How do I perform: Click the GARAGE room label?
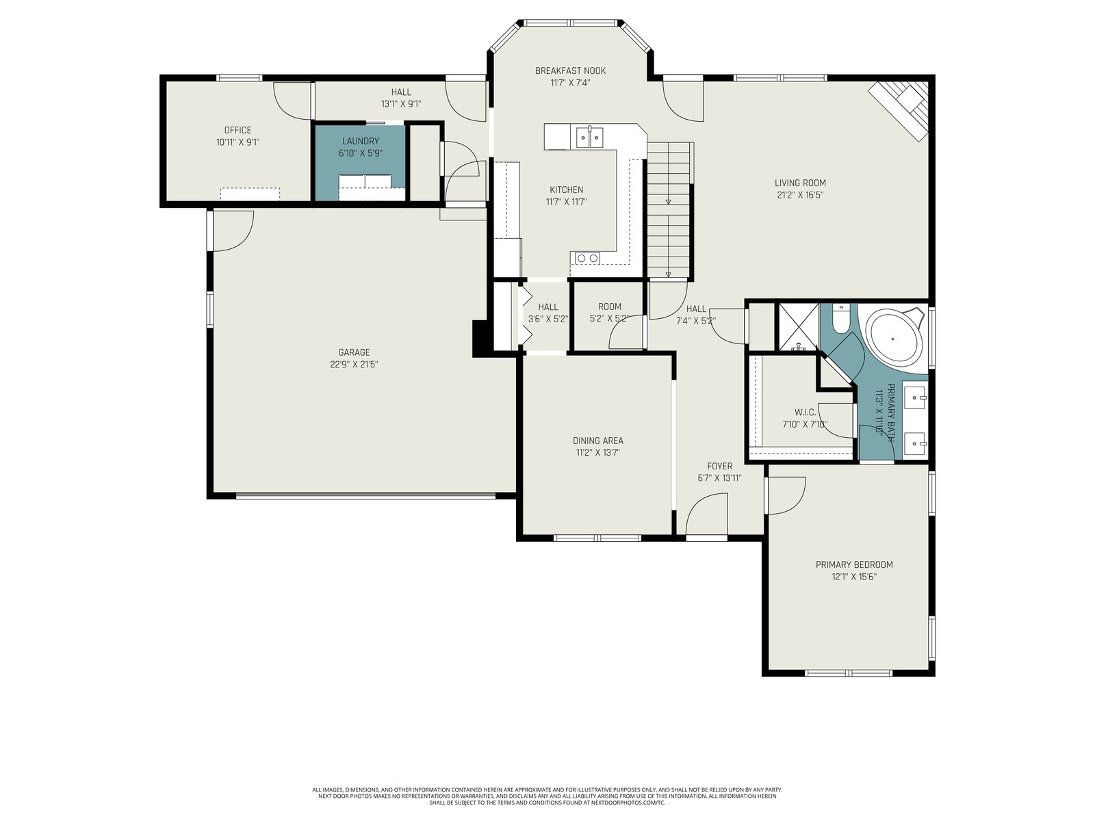click(354, 352)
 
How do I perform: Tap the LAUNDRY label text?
click(360, 141)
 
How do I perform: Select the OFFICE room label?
click(237, 130)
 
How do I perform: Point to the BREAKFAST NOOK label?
click(570, 70)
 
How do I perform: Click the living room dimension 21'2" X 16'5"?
click(800, 195)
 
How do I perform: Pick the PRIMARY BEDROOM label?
click(854, 564)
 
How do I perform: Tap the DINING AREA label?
click(597, 441)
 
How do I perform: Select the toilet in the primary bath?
click(841, 319)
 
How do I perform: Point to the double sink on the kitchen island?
click(590, 137)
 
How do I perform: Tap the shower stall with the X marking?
click(799, 327)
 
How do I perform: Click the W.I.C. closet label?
click(805, 413)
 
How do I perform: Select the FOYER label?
click(719, 466)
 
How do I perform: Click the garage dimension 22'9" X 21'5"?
click(354, 365)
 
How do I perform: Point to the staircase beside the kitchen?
click(669, 209)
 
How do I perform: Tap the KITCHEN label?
click(566, 190)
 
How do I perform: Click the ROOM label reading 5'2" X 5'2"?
click(610, 307)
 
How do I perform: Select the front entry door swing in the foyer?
click(706, 514)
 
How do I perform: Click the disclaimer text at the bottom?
click(547, 796)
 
